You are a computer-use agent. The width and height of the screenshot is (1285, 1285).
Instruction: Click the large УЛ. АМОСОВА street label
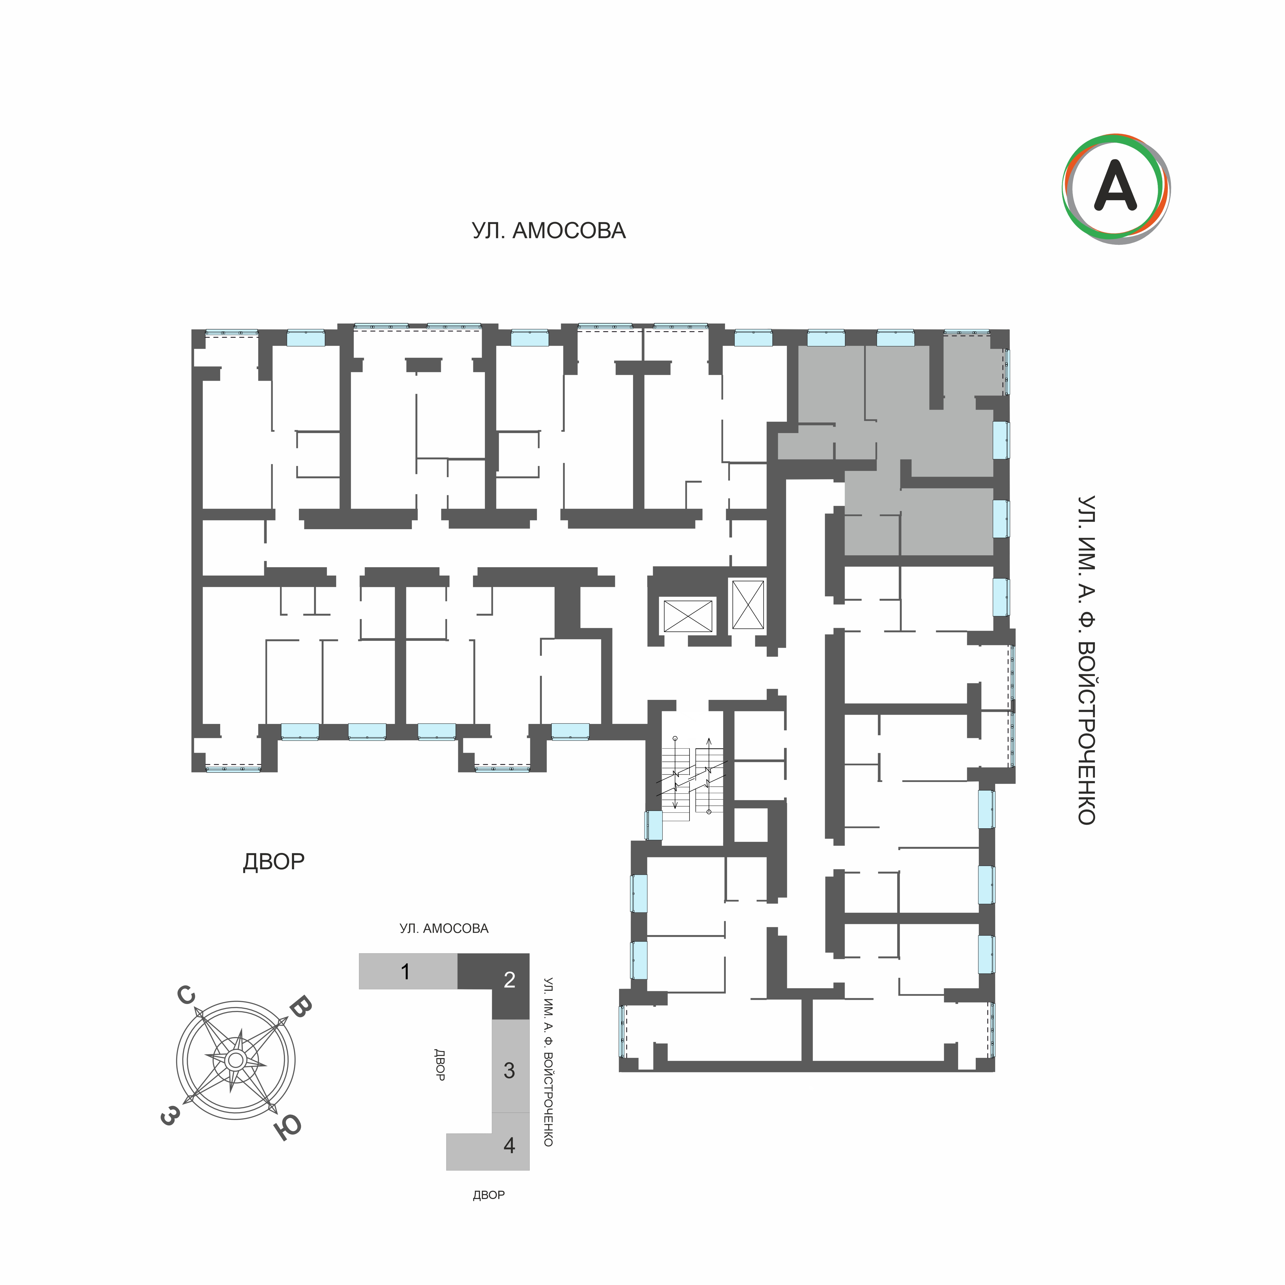(x=549, y=231)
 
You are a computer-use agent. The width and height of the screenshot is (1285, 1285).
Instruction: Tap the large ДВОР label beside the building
(x=273, y=861)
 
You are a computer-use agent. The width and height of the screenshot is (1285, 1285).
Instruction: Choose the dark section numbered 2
(x=509, y=980)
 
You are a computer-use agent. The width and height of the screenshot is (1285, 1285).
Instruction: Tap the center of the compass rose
(x=235, y=1060)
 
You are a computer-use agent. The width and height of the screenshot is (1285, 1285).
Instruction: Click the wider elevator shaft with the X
(x=688, y=615)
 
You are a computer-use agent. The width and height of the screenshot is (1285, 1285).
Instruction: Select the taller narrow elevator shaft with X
(x=748, y=604)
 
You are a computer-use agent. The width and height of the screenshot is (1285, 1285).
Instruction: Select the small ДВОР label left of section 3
(x=439, y=1064)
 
